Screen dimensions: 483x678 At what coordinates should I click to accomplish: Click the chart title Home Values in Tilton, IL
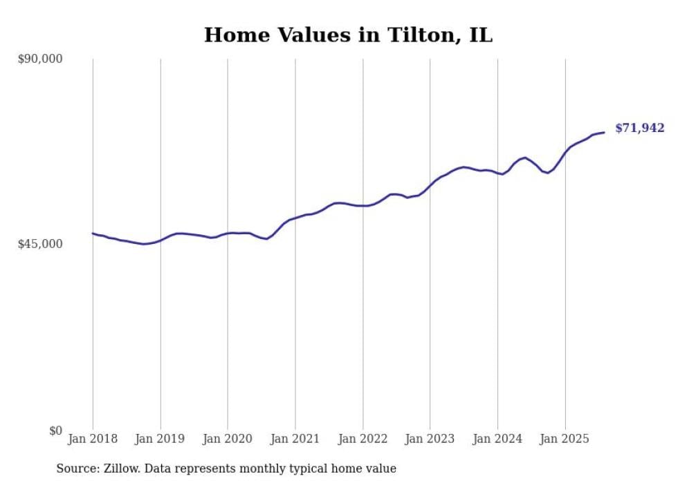pyautogui.click(x=348, y=35)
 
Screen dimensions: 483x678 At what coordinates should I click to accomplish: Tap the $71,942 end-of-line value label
pyautogui.click(x=639, y=128)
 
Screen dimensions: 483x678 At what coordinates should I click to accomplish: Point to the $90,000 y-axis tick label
pyautogui.click(x=40, y=59)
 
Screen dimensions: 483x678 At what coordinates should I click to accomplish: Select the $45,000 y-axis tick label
pyautogui.click(x=40, y=244)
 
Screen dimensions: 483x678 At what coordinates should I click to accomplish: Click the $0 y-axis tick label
pyautogui.click(x=55, y=430)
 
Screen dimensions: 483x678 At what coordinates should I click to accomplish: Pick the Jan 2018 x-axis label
pyautogui.click(x=93, y=439)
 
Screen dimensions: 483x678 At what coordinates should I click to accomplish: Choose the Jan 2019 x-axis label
pyautogui.click(x=161, y=439)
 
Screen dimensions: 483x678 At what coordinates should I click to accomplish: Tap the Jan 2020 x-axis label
pyautogui.click(x=228, y=439)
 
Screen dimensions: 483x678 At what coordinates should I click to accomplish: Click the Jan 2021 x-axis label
pyautogui.click(x=295, y=439)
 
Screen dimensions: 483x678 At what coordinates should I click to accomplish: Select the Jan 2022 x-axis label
pyautogui.click(x=363, y=439)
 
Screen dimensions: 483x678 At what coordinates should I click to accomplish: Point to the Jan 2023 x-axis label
pyautogui.click(x=430, y=439)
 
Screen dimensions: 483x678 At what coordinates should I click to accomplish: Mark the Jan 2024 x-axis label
pyautogui.click(x=497, y=439)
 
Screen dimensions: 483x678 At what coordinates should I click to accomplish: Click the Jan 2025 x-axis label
pyautogui.click(x=565, y=439)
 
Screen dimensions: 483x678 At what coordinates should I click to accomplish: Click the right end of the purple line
pyautogui.click(x=604, y=132)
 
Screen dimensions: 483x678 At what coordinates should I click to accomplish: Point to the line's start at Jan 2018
pyautogui.click(x=93, y=234)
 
